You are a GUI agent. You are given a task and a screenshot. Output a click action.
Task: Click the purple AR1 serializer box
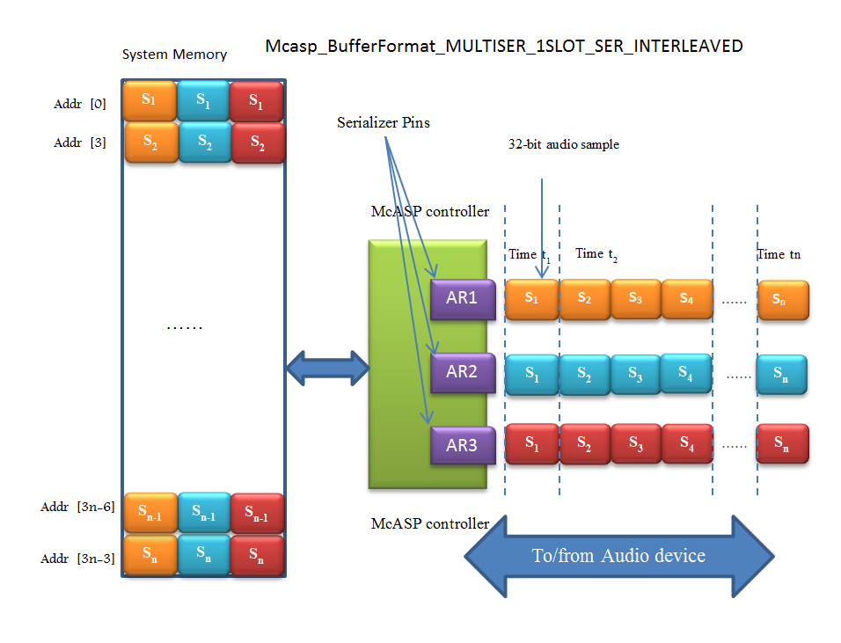461,298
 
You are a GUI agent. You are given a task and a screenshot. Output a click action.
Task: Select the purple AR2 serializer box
461,372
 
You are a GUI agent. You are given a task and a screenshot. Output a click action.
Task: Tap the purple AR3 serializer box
461,445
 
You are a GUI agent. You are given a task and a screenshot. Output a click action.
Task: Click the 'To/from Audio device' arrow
618,556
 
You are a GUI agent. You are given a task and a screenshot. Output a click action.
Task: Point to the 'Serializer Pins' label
384,122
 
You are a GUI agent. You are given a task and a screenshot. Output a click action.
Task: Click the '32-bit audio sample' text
563,144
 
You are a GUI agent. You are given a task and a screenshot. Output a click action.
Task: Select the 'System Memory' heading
174,55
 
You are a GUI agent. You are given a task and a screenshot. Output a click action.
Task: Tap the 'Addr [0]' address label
80,104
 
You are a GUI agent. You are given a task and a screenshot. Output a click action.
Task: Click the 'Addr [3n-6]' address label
78,507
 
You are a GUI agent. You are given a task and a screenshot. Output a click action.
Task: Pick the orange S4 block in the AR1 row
686,299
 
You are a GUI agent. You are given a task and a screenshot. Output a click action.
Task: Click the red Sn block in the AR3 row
781,445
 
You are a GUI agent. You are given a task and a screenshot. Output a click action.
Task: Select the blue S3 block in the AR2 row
635,372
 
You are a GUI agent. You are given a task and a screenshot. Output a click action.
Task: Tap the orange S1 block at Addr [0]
150,100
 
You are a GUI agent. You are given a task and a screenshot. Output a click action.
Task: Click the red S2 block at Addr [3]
257,142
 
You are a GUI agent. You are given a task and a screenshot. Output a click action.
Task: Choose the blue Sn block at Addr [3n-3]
203,556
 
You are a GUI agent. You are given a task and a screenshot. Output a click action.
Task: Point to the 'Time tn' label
779,254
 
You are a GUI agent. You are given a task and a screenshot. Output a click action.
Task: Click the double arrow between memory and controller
326,368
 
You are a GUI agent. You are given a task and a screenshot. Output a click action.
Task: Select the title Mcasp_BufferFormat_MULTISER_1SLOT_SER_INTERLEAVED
504,46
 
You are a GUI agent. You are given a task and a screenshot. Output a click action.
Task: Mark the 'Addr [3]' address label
80,142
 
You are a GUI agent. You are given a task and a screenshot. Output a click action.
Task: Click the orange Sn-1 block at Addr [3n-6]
151,514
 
